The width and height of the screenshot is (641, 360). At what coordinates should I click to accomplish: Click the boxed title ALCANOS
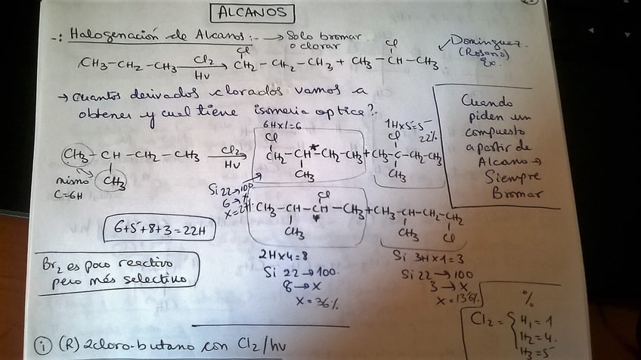(252, 12)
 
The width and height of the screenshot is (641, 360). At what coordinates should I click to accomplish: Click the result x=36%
(317, 303)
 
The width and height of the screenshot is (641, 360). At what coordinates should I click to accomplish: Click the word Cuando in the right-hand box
(488, 101)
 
